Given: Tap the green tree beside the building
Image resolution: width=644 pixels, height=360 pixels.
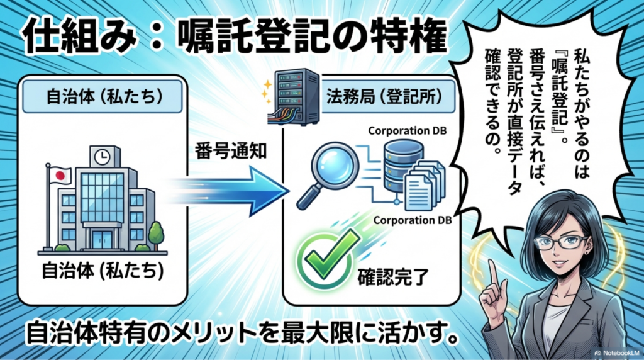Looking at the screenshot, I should coord(157,233).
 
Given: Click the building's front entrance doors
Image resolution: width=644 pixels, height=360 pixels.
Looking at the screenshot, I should coord(100,239).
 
